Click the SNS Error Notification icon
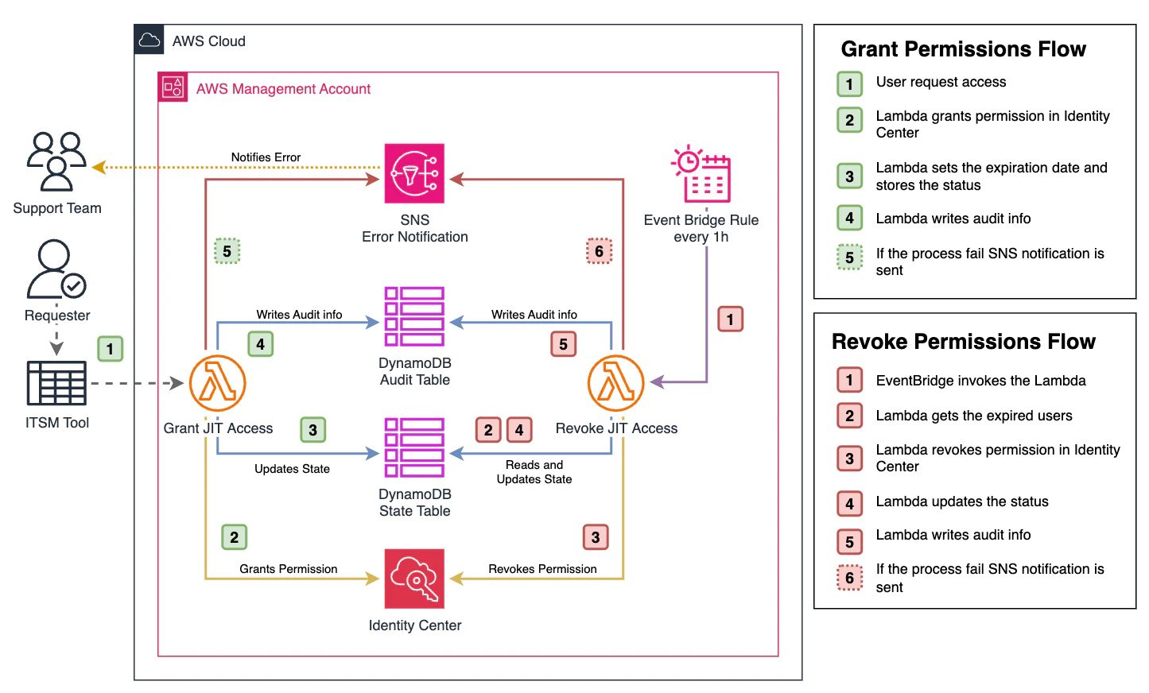click(414, 173)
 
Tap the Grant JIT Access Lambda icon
click(217, 383)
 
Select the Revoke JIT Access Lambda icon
click(615, 383)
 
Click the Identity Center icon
click(414, 579)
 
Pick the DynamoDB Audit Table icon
click(414, 316)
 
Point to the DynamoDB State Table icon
click(414, 447)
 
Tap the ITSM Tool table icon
click(56, 383)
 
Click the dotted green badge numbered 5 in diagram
click(227, 251)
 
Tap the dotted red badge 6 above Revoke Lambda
click(599, 251)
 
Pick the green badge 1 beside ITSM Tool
click(110, 349)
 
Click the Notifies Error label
click(266, 157)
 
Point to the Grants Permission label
click(288, 569)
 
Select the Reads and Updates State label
click(534, 472)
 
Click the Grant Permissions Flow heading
click(963, 49)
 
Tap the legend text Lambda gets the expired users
click(973, 416)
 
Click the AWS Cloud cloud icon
click(149, 41)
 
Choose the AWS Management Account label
click(283, 89)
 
